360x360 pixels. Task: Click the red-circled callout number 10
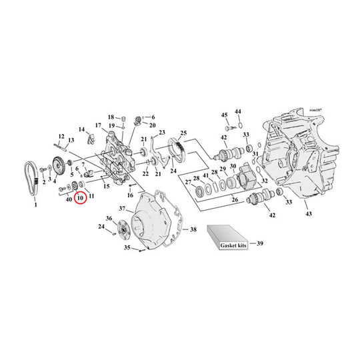pyautogui.click(x=80, y=197)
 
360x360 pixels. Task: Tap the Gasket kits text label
pyautogui.click(x=233, y=245)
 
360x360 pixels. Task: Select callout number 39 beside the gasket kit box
pyautogui.click(x=260, y=243)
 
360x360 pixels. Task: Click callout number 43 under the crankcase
pyautogui.click(x=309, y=214)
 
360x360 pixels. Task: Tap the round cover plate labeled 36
pyautogui.click(x=124, y=229)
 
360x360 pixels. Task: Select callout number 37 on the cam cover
pyautogui.click(x=122, y=209)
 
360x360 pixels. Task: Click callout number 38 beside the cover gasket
pyautogui.click(x=193, y=229)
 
